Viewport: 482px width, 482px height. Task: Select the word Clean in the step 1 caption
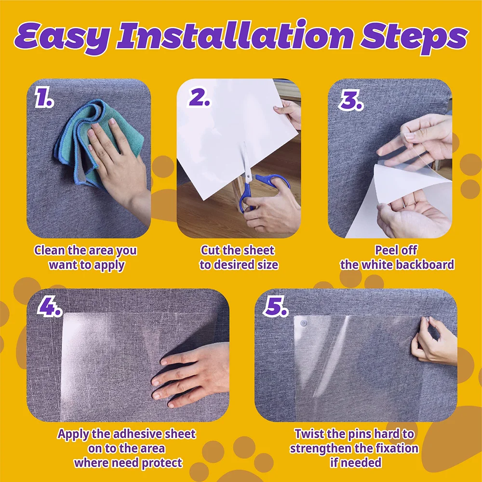[x=48, y=251]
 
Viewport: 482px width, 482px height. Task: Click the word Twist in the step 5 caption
[x=310, y=433]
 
